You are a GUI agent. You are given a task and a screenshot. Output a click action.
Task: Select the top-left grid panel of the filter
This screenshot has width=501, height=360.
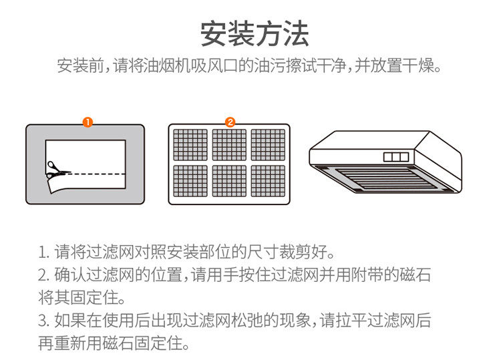[190, 144]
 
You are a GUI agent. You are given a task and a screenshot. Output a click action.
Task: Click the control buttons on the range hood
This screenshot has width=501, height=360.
[396, 156]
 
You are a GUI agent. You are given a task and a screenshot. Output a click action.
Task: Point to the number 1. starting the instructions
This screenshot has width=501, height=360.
[43, 254]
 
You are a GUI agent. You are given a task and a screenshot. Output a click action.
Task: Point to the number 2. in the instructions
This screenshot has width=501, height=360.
[43, 275]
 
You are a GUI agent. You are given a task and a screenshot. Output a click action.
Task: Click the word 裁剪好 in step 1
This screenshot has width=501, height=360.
[307, 254]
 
